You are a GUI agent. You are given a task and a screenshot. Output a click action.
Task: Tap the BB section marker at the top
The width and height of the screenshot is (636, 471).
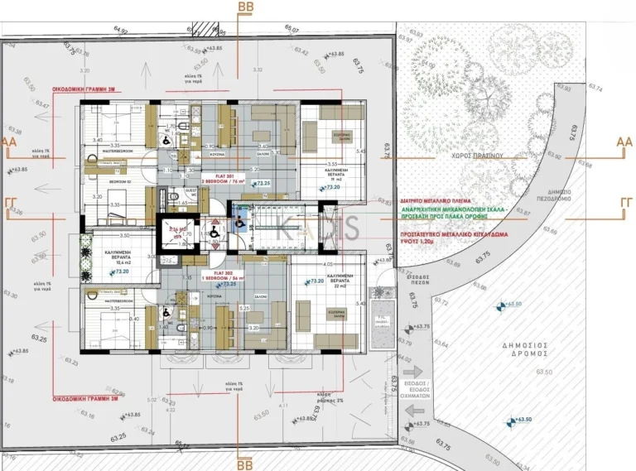(246, 7)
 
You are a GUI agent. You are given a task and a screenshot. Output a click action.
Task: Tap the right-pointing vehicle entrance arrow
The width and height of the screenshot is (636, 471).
(413, 372)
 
